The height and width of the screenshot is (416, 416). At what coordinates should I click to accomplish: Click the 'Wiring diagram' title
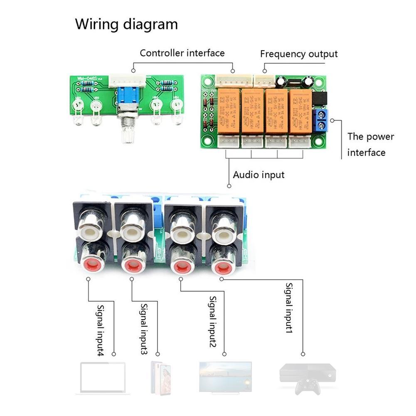126,24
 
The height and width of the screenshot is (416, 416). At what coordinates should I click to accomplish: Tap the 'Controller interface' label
182,53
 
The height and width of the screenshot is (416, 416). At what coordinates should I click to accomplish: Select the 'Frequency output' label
299,54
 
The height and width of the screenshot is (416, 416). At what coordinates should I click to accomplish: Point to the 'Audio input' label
258,175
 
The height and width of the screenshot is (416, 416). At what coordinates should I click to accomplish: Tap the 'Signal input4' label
101,330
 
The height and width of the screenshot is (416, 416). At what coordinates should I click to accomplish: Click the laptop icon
101,378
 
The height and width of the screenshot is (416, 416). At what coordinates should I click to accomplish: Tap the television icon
225,377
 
